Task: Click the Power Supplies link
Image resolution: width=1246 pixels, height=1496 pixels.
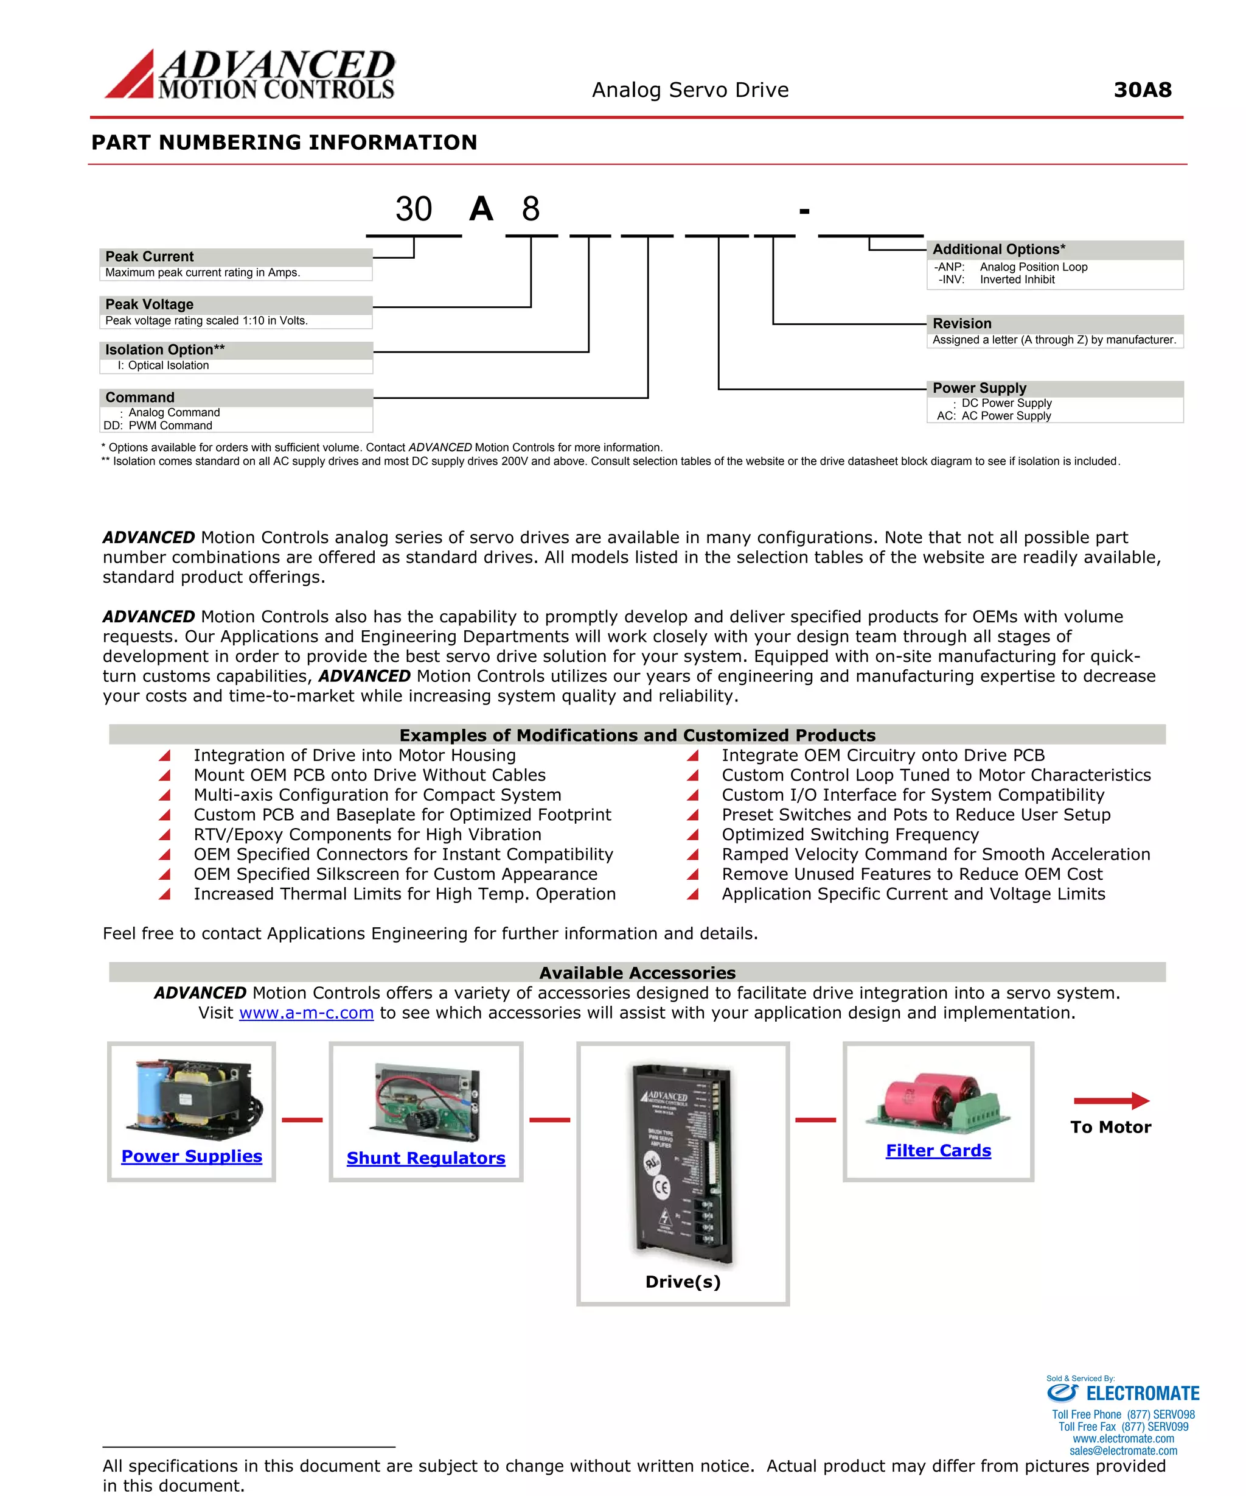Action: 192,1156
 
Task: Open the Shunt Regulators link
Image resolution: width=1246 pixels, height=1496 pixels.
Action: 426,1157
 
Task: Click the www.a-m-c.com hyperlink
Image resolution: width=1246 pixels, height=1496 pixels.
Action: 306,1013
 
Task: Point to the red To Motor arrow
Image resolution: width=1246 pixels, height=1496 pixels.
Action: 1111,1101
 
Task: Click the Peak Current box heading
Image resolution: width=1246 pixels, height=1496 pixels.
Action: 150,256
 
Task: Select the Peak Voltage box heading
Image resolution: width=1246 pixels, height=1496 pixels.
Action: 150,304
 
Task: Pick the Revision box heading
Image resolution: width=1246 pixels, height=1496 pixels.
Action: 961,323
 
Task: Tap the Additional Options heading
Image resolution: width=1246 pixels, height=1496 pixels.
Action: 998,250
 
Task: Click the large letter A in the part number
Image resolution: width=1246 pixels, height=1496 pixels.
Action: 481,209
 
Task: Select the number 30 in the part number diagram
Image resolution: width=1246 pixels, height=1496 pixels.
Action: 414,209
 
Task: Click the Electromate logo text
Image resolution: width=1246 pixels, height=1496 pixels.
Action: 1142,1394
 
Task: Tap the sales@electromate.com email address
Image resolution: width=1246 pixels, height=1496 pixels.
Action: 1123,1450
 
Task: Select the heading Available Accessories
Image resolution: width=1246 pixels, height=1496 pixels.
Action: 636,972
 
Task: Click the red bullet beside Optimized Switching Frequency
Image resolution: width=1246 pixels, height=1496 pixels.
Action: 692,834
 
